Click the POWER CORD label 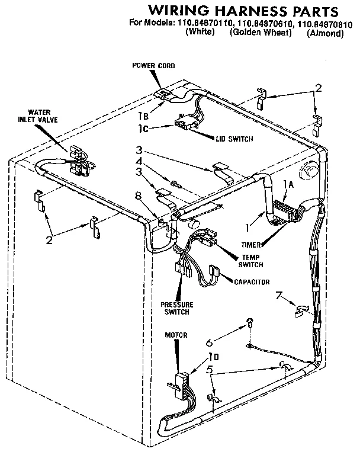tap(153, 66)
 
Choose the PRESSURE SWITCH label tap(177, 308)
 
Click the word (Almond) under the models tap(325, 34)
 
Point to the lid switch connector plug tap(185, 124)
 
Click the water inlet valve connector tap(76, 159)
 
